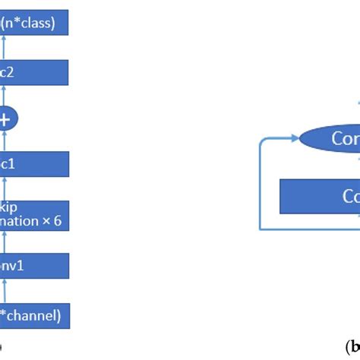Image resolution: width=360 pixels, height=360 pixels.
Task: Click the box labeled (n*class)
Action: coord(34,23)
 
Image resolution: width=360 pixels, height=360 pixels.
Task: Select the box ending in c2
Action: coord(34,73)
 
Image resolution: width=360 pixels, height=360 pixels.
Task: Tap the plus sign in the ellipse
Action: coord(6,118)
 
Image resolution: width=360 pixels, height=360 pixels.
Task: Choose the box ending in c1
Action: coord(34,163)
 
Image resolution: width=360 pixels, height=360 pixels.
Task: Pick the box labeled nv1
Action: coord(34,266)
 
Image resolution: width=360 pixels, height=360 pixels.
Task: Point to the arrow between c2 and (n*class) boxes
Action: coord(6,48)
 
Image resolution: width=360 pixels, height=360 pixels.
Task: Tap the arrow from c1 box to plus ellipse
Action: coord(6,141)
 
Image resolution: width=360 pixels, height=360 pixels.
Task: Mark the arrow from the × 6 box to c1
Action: coord(6,189)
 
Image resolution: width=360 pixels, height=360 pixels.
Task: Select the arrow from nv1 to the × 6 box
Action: coord(6,242)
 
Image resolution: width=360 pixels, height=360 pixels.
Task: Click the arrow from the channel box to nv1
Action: coord(6,291)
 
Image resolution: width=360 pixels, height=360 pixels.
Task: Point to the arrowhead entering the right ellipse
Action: coord(294,139)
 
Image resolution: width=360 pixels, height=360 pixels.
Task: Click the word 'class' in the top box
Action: coord(38,23)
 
